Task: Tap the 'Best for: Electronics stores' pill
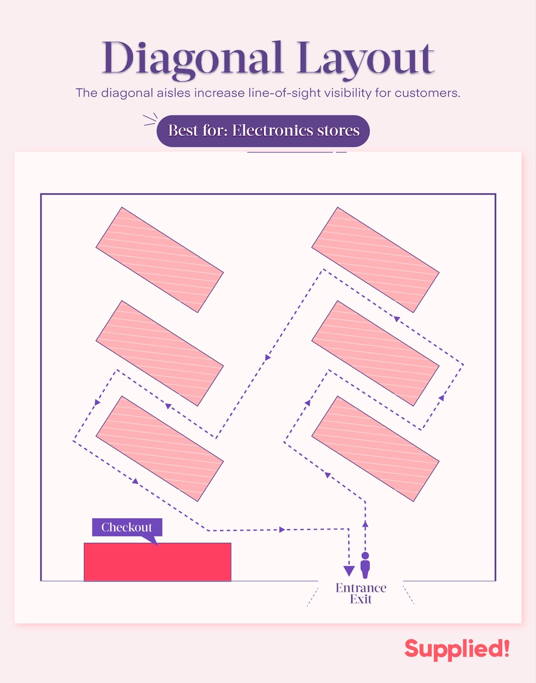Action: pyautogui.click(x=263, y=131)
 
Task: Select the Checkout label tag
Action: pyautogui.click(x=127, y=527)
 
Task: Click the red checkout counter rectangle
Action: pyautogui.click(x=158, y=562)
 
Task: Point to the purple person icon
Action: pyautogui.click(x=365, y=565)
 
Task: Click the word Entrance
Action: pyautogui.click(x=361, y=588)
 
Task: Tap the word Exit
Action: pyautogui.click(x=361, y=599)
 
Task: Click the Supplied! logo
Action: pyautogui.click(x=457, y=649)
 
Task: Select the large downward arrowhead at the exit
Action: pyautogui.click(x=349, y=571)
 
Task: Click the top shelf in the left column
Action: pyautogui.click(x=160, y=260)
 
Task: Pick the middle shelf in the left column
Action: pyautogui.click(x=160, y=353)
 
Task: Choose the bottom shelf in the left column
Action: pyautogui.click(x=160, y=449)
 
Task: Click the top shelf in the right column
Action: pyautogui.click(x=375, y=260)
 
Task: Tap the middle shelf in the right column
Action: pyautogui.click(x=375, y=353)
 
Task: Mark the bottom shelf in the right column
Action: pyautogui.click(x=375, y=449)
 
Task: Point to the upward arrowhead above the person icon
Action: pyautogui.click(x=365, y=524)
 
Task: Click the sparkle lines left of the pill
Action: pyautogui.click(x=150, y=120)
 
